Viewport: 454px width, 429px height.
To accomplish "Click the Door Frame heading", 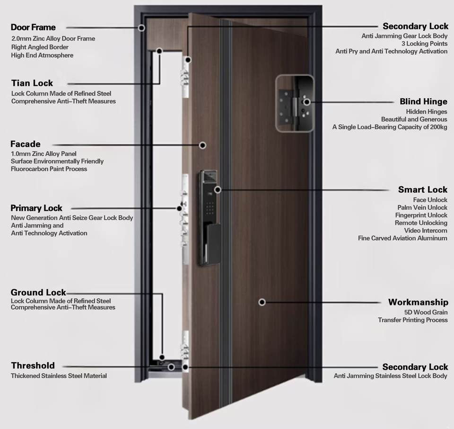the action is (x=33, y=27).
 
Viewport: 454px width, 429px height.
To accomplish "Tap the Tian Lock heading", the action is (x=32, y=83).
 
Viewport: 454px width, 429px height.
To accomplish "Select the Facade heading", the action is (x=26, y=144).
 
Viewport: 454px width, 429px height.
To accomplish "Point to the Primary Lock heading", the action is (x=36, y=208).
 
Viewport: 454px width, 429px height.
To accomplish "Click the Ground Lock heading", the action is (x=38, y=292).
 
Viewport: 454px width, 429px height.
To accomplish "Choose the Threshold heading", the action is (x=33, y=366).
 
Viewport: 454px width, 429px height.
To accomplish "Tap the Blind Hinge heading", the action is (x=423, y=101).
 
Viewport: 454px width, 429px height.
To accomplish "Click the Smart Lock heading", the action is (x=422, y=190).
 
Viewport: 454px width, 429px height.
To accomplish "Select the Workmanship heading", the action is (x=418, y=302).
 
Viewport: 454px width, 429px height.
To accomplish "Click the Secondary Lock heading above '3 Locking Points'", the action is (x=415, y=27).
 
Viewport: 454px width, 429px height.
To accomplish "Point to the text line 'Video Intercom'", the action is (x=426, y=231).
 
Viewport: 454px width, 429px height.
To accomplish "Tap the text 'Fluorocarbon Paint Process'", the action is (x=49, y=169).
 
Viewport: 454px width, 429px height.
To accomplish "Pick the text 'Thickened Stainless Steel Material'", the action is (x=59, y=376).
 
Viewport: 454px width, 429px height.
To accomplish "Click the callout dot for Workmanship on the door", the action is (x=262, y=302).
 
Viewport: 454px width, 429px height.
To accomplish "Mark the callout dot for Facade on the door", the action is (x=202, y=145).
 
